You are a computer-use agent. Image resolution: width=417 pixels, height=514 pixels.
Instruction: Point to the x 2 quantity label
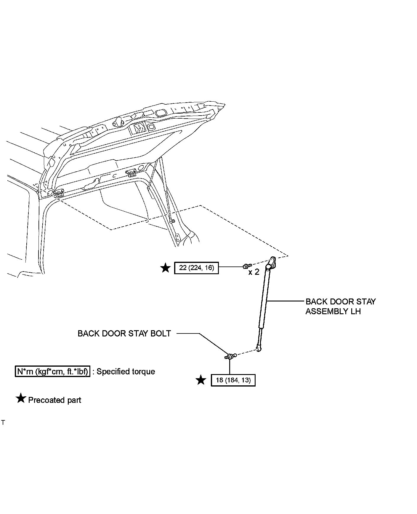click(254, 272)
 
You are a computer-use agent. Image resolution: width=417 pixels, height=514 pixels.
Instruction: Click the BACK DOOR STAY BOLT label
click(124, 333)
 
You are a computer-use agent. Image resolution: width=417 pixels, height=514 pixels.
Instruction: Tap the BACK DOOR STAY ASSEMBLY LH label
click(340, 307)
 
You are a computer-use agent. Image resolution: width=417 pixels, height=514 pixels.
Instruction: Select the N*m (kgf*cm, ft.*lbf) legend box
click(52, 371)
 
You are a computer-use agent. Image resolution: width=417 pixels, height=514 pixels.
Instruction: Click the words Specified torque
click(126, 371)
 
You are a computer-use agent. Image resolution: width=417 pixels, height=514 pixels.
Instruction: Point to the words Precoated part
click(54, 400)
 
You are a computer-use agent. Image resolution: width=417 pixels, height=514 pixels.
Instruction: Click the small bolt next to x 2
click(247, 266)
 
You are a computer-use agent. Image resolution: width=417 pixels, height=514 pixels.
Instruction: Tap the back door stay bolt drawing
click(231, 356)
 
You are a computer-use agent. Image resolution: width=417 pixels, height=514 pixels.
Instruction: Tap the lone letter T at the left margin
click(3, 423)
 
